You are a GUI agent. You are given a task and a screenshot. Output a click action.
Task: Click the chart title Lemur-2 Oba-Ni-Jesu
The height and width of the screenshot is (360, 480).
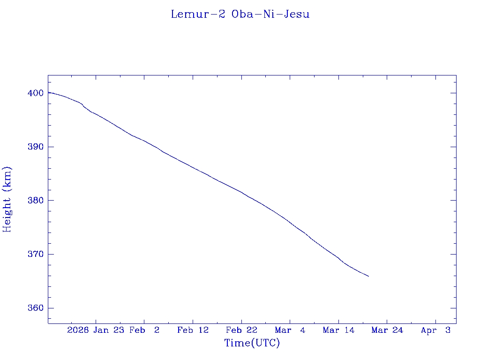coord(240,14)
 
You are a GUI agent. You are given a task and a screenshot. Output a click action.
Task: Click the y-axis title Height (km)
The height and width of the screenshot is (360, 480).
coord(7,199)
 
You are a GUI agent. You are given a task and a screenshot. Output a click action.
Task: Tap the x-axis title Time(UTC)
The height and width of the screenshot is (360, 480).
coord(252,343)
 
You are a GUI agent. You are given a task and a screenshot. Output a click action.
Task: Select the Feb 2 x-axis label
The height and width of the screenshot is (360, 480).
coord(144,330)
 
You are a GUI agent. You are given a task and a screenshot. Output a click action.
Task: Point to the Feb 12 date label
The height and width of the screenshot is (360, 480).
coord(193,330)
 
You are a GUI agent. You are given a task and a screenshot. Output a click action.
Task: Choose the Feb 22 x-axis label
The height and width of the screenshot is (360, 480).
coord(241,330)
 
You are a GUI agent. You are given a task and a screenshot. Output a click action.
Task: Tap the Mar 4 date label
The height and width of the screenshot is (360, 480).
coord(290,330)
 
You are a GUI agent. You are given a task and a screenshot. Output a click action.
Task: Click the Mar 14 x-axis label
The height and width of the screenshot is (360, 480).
coord(338,330)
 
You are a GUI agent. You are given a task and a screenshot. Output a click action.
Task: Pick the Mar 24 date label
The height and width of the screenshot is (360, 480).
coord(387,330)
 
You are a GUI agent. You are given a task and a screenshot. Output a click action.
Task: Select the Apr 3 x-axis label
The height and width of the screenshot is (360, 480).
coord(435,330)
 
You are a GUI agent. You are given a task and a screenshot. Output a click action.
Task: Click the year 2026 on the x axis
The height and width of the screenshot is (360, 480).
coord(78,330)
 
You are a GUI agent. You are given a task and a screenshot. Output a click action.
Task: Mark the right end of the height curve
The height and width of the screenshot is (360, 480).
coord(368,276)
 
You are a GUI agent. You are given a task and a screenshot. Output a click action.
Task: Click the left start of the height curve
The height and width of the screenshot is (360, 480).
coord(48,92)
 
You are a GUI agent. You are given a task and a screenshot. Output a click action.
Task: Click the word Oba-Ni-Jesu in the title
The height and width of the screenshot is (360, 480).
coord(270,14)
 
